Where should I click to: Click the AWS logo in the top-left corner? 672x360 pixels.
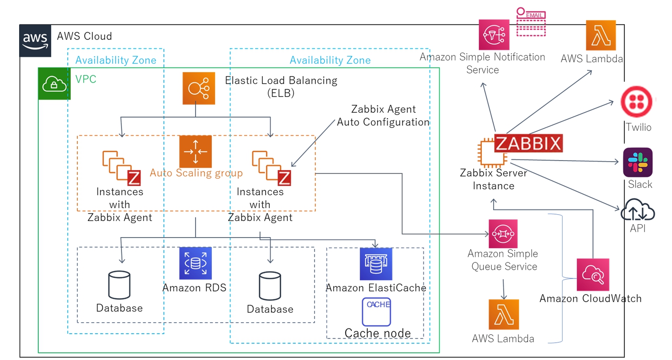(35, 41)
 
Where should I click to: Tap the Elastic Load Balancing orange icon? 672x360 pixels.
(199, 88)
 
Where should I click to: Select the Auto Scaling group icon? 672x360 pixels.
(195, 152)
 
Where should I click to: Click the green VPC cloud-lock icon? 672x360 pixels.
(54, 84)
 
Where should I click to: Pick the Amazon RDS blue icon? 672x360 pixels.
(195, 263)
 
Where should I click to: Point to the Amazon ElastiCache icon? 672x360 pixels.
(376, 264)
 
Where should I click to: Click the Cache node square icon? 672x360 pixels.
(377, 312)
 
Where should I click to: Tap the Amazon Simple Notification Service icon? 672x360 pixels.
(494, 35)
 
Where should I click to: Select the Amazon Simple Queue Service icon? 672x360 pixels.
(503, 234)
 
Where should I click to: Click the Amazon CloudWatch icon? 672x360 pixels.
(593, 274)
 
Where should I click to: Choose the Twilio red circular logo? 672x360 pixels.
(636, 101)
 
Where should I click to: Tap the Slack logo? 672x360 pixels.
(638, 162)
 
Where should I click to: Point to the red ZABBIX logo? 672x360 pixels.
(528, 143)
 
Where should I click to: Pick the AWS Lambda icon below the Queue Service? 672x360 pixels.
(504, 315)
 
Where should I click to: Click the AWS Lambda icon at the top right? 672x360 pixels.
(601, 35)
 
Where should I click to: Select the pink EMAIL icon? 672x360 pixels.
(531, 22)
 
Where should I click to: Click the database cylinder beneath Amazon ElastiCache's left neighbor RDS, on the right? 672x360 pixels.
(270, 286)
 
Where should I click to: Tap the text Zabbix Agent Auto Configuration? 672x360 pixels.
(383, 116)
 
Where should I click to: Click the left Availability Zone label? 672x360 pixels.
(116, 60)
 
